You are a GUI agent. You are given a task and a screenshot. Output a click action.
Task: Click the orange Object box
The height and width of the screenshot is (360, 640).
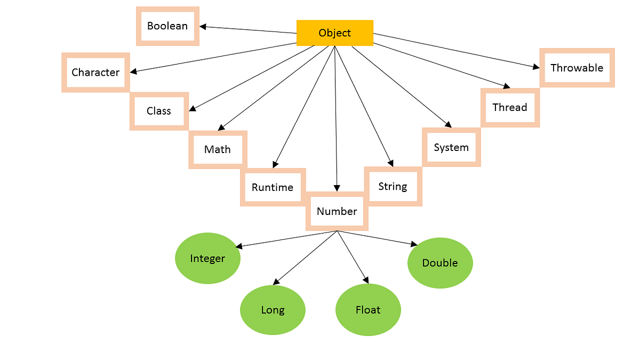pyautogui.click(x=334, y=33)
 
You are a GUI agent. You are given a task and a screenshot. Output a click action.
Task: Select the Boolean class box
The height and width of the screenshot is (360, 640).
pyautogui.click(x=167, y=26)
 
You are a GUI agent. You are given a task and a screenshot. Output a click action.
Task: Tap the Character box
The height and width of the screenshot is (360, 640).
pyautogui.click(x=95, y=73)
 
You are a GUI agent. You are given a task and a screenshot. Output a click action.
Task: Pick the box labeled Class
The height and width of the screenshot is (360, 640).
pyautogui.click(x=159, y=111)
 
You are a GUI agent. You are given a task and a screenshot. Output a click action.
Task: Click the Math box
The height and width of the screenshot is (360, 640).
pyautogui.click(x=218, y=149)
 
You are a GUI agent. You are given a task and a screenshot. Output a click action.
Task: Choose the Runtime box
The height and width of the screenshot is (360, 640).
pyautogui.click(x=273, y=187)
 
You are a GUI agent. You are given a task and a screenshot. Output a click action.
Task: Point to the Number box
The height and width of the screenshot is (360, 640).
pyautogui.click(x=337, y=211)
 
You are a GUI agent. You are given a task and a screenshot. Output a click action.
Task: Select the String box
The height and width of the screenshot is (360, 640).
pyautogui.click(x=393, y=186)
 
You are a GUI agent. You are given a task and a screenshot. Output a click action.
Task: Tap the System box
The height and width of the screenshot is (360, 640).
pyautogui.click(x=451, y=147)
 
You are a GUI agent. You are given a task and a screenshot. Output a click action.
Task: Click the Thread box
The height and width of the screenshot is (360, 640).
pyautogui.click(x=510, y=107)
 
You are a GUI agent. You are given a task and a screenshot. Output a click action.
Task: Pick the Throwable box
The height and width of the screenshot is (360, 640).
pyautogui.click(x=577, y=68)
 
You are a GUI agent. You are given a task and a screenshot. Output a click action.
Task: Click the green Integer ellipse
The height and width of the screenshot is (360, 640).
pyautogui.click(x=207, y=259)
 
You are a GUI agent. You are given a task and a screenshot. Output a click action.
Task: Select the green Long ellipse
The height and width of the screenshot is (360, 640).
pyautogui.click(x=273, y=310)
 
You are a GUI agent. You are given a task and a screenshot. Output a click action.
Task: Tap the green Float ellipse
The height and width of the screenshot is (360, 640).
pyautogui.click(x=368, y=310)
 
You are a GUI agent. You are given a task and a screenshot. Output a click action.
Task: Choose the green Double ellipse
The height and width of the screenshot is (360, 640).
pyautogui.click(x=440, y=263)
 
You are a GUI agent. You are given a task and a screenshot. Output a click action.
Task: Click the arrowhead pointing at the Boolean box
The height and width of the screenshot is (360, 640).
pyautogui.click(x=203, y=26)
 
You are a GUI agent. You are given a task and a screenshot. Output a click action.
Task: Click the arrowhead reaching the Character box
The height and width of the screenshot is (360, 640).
pyautogui.click(x=133, y=71)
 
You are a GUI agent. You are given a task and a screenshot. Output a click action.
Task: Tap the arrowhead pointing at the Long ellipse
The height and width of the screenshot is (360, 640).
pyautogui.click(x=275, y=282)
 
